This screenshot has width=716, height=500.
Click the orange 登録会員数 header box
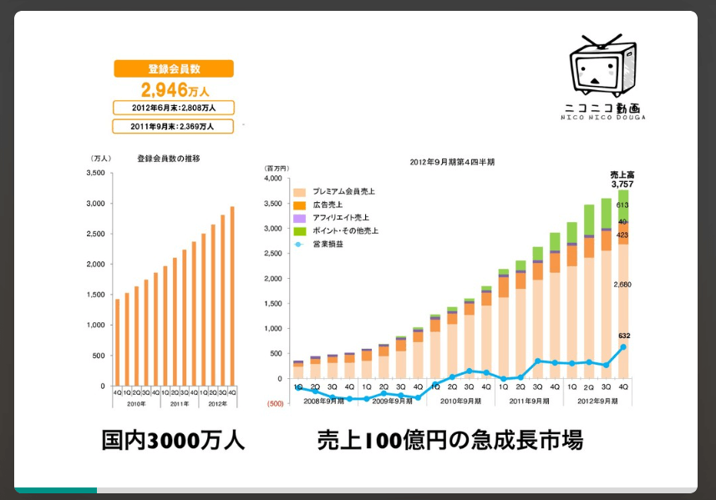[174, 69]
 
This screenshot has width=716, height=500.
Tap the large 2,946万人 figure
[174, 89]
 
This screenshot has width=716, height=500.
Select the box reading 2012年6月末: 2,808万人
[174, 108]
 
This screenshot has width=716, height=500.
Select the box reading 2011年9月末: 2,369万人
[174, 127]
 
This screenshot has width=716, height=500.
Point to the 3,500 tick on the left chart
[95, 173]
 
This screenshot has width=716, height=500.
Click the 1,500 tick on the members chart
[95, 295]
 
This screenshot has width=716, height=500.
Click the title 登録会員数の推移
[169, 158]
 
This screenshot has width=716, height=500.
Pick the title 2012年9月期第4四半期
[452, 162]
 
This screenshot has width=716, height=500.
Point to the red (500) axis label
[275, 403]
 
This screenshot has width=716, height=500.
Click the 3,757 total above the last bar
[623, 184]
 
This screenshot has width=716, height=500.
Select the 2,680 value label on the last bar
[623, 285]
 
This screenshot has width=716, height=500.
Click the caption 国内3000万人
[173, 441]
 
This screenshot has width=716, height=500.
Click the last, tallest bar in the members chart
[232, 296]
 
